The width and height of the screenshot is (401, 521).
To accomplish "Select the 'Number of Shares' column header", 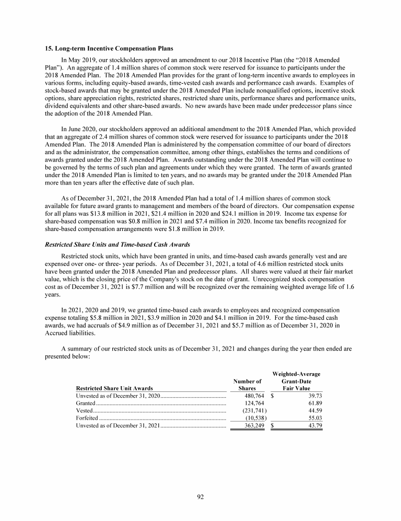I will coord(247,385).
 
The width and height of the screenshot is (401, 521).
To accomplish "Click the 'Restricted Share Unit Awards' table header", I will coord(114,388).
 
